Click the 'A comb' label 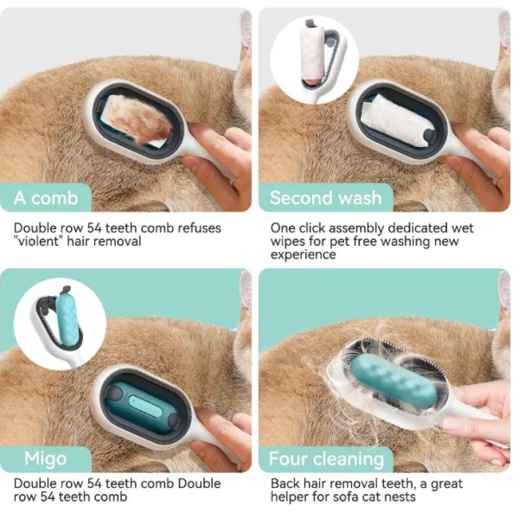click(46, 198)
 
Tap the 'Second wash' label click(326, 198)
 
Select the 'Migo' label click(46, 458)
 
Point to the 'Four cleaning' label click(326, 458)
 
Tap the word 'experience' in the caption click(304, 255)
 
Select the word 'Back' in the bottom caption click(285, 484)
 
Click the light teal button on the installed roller click(145, 407)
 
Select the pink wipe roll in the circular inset click(312, 54)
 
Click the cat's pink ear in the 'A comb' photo click(246, 29)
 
